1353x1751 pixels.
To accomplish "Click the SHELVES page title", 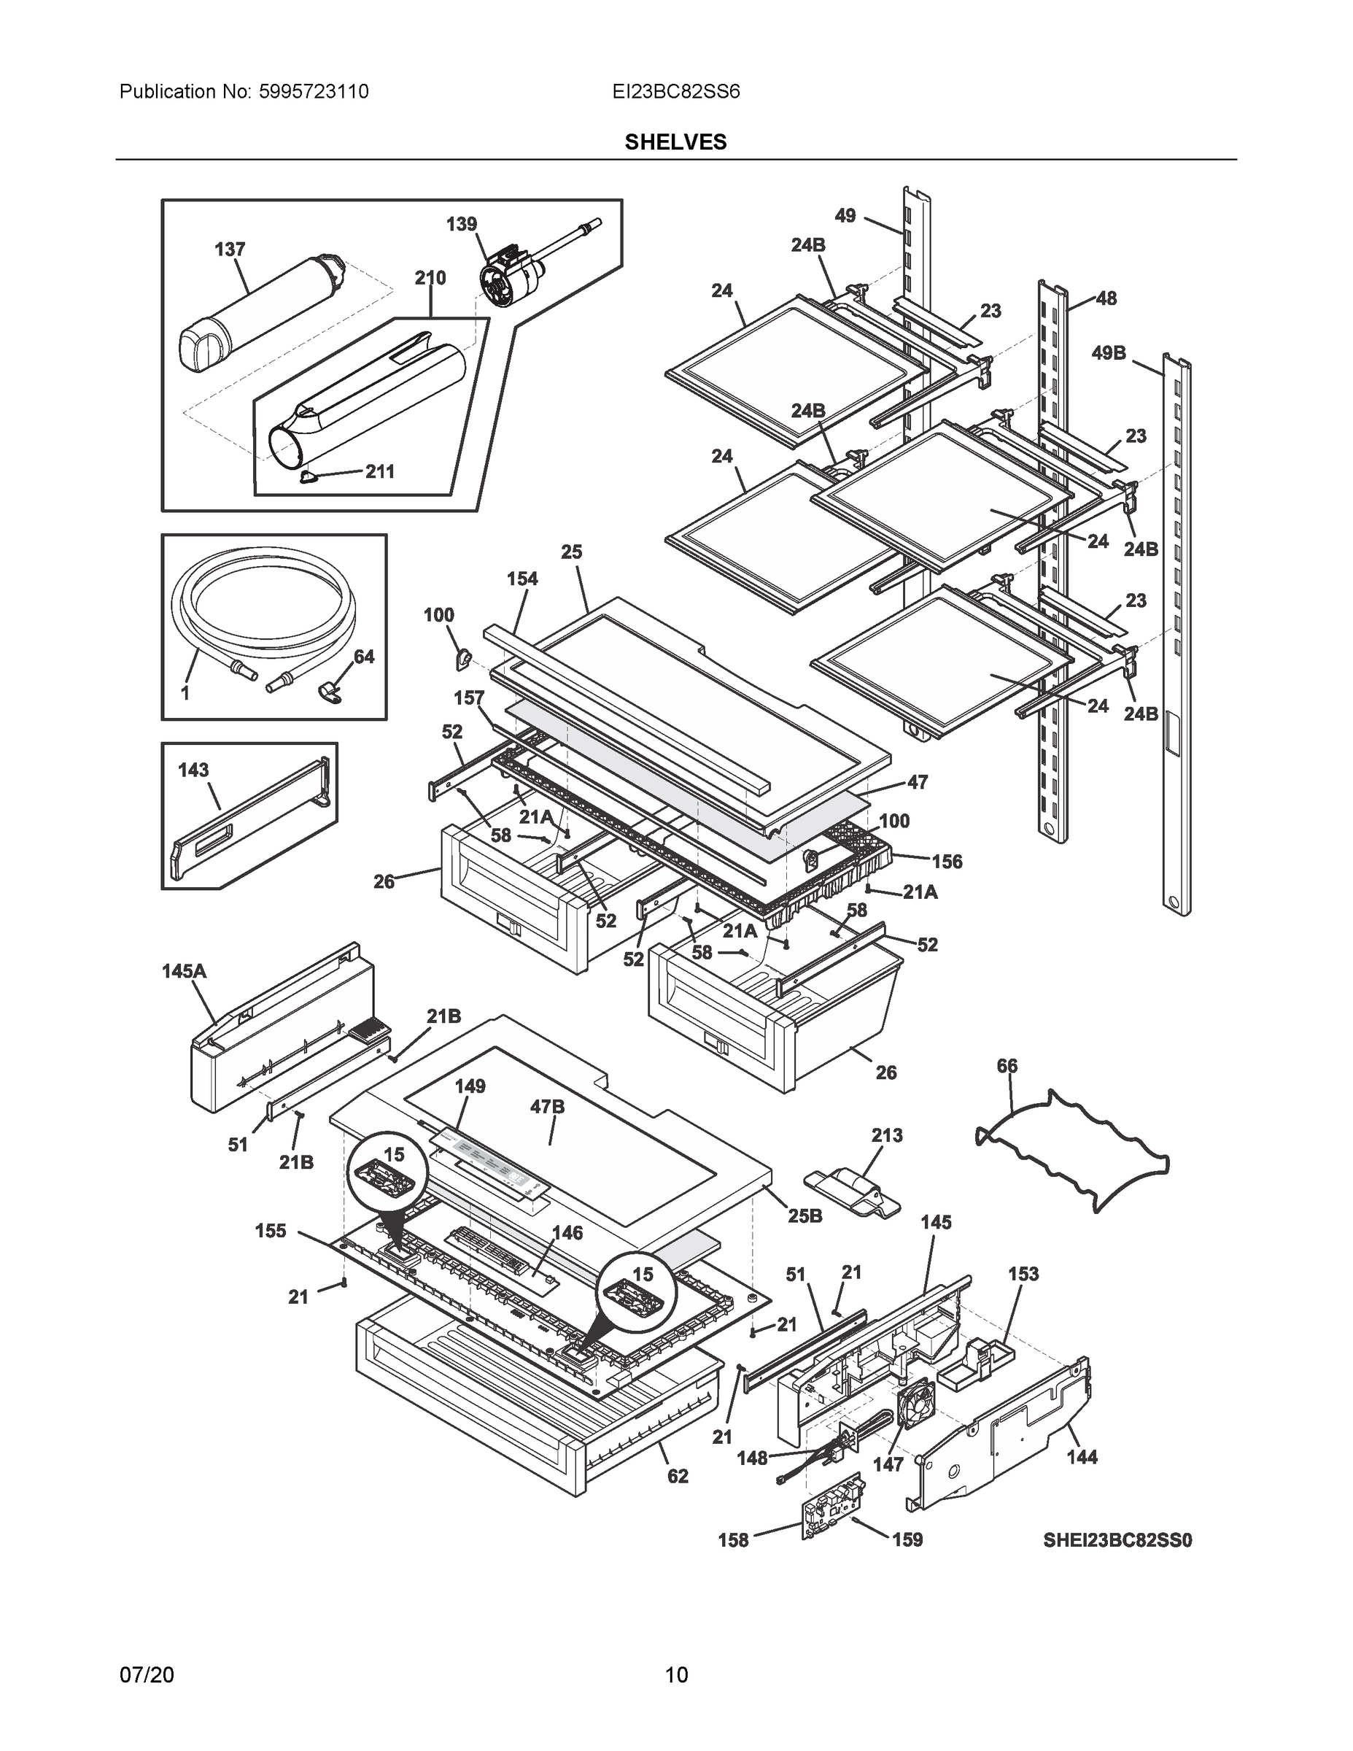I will click(675, 142).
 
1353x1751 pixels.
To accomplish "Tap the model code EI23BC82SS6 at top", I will click(675, 91).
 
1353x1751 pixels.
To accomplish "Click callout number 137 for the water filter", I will click(229, 250).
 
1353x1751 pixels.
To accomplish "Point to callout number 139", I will click(462, 224).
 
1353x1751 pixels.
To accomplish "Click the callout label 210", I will click(430, 277).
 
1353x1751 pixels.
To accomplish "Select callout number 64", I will click(364, 657).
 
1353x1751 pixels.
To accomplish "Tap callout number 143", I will click(193, 770).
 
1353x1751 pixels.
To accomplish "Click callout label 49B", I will click(1109, 353).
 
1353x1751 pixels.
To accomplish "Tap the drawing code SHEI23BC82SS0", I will click(1117, 1540).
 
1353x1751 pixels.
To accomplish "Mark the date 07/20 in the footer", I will click(146, 1675).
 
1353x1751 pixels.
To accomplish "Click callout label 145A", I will click(184, 971).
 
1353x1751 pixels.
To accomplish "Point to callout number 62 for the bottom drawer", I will click(678, 1476).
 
